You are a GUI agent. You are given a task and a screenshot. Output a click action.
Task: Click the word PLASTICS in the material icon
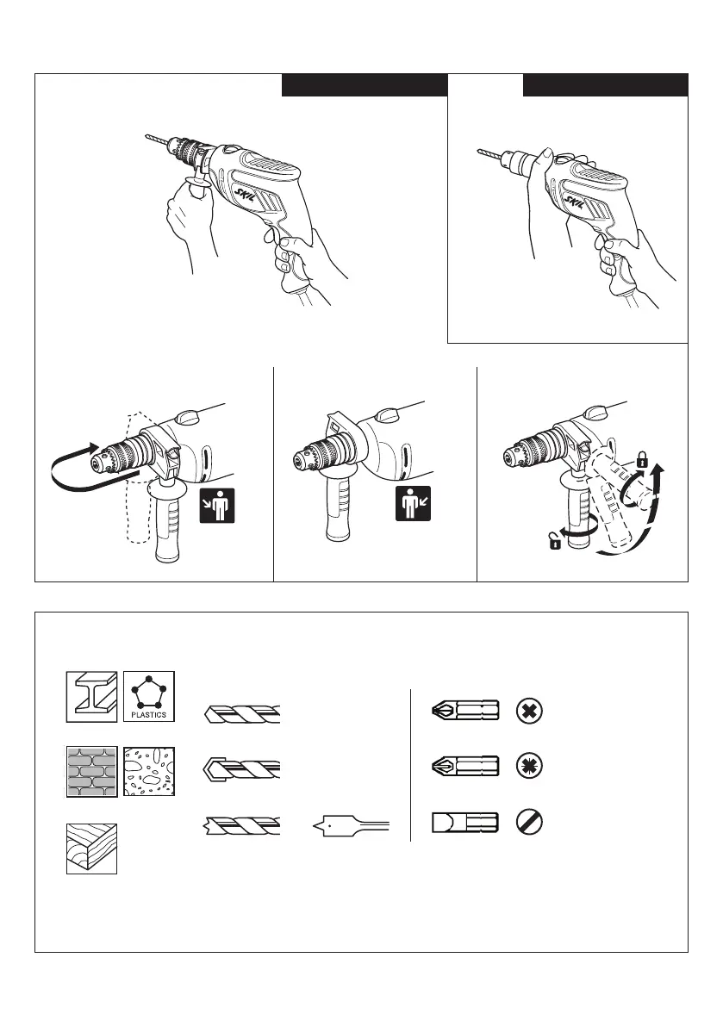[x=150, y=715]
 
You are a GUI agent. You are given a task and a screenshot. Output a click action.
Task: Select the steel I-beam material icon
[x=91, y=694]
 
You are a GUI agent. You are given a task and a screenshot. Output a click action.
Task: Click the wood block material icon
[x=91, y=849]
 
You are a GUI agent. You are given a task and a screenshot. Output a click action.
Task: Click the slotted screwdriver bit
[x=464, y=822]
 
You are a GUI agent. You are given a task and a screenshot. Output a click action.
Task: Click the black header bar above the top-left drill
[x=364, y=84]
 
